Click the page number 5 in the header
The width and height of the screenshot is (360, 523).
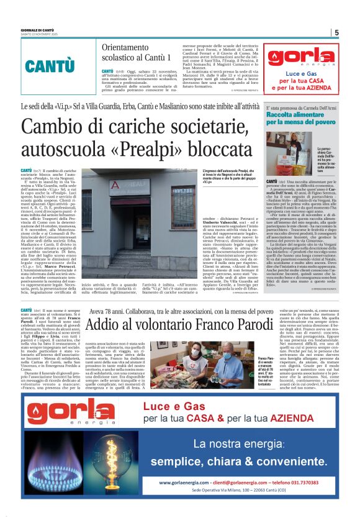[x=336, y=32]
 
